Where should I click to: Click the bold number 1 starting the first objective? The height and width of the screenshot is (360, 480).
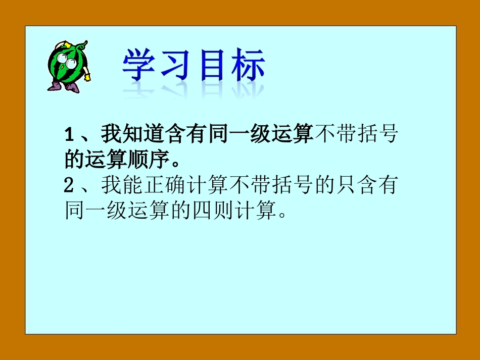(x=70, y=136)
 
